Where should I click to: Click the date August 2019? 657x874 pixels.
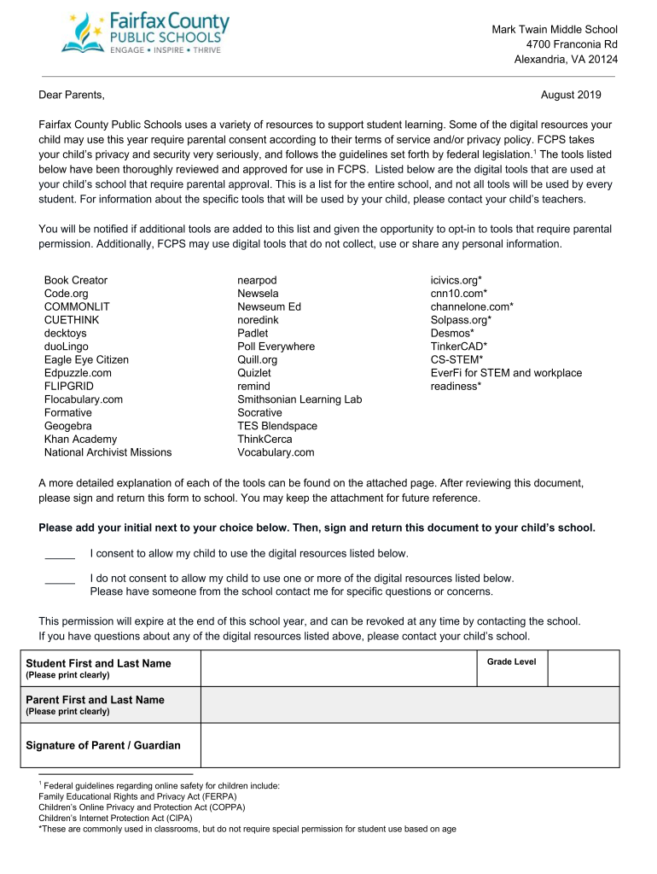571,95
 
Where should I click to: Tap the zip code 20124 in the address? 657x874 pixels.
602,59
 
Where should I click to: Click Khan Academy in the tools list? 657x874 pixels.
80,439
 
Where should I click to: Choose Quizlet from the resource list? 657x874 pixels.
254,373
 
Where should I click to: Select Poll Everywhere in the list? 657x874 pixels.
276,347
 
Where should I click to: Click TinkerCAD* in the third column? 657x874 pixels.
459,347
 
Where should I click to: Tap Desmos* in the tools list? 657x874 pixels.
452,333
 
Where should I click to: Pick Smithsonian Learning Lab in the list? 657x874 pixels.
299,399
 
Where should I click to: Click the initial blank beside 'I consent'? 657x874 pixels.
60,555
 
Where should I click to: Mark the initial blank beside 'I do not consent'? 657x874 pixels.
60,580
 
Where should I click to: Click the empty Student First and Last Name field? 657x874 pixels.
337,668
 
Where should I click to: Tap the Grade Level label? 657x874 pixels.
511,661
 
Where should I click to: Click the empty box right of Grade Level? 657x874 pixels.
583,668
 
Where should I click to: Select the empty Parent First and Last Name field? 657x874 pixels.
410,705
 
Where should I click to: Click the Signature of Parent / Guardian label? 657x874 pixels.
103,745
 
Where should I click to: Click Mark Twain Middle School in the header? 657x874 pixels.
555,30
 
